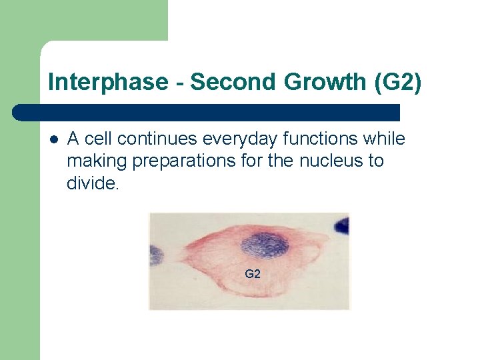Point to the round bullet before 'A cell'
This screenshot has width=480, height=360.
pyautogui.click(x=53, y=139)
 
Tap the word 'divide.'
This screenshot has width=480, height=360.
pyautogui.click(x=93, y=183)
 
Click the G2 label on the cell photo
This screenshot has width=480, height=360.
pyautogui.click(x=253, y=274)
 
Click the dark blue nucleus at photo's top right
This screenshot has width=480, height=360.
pyautogui.click(x=342, y=225)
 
